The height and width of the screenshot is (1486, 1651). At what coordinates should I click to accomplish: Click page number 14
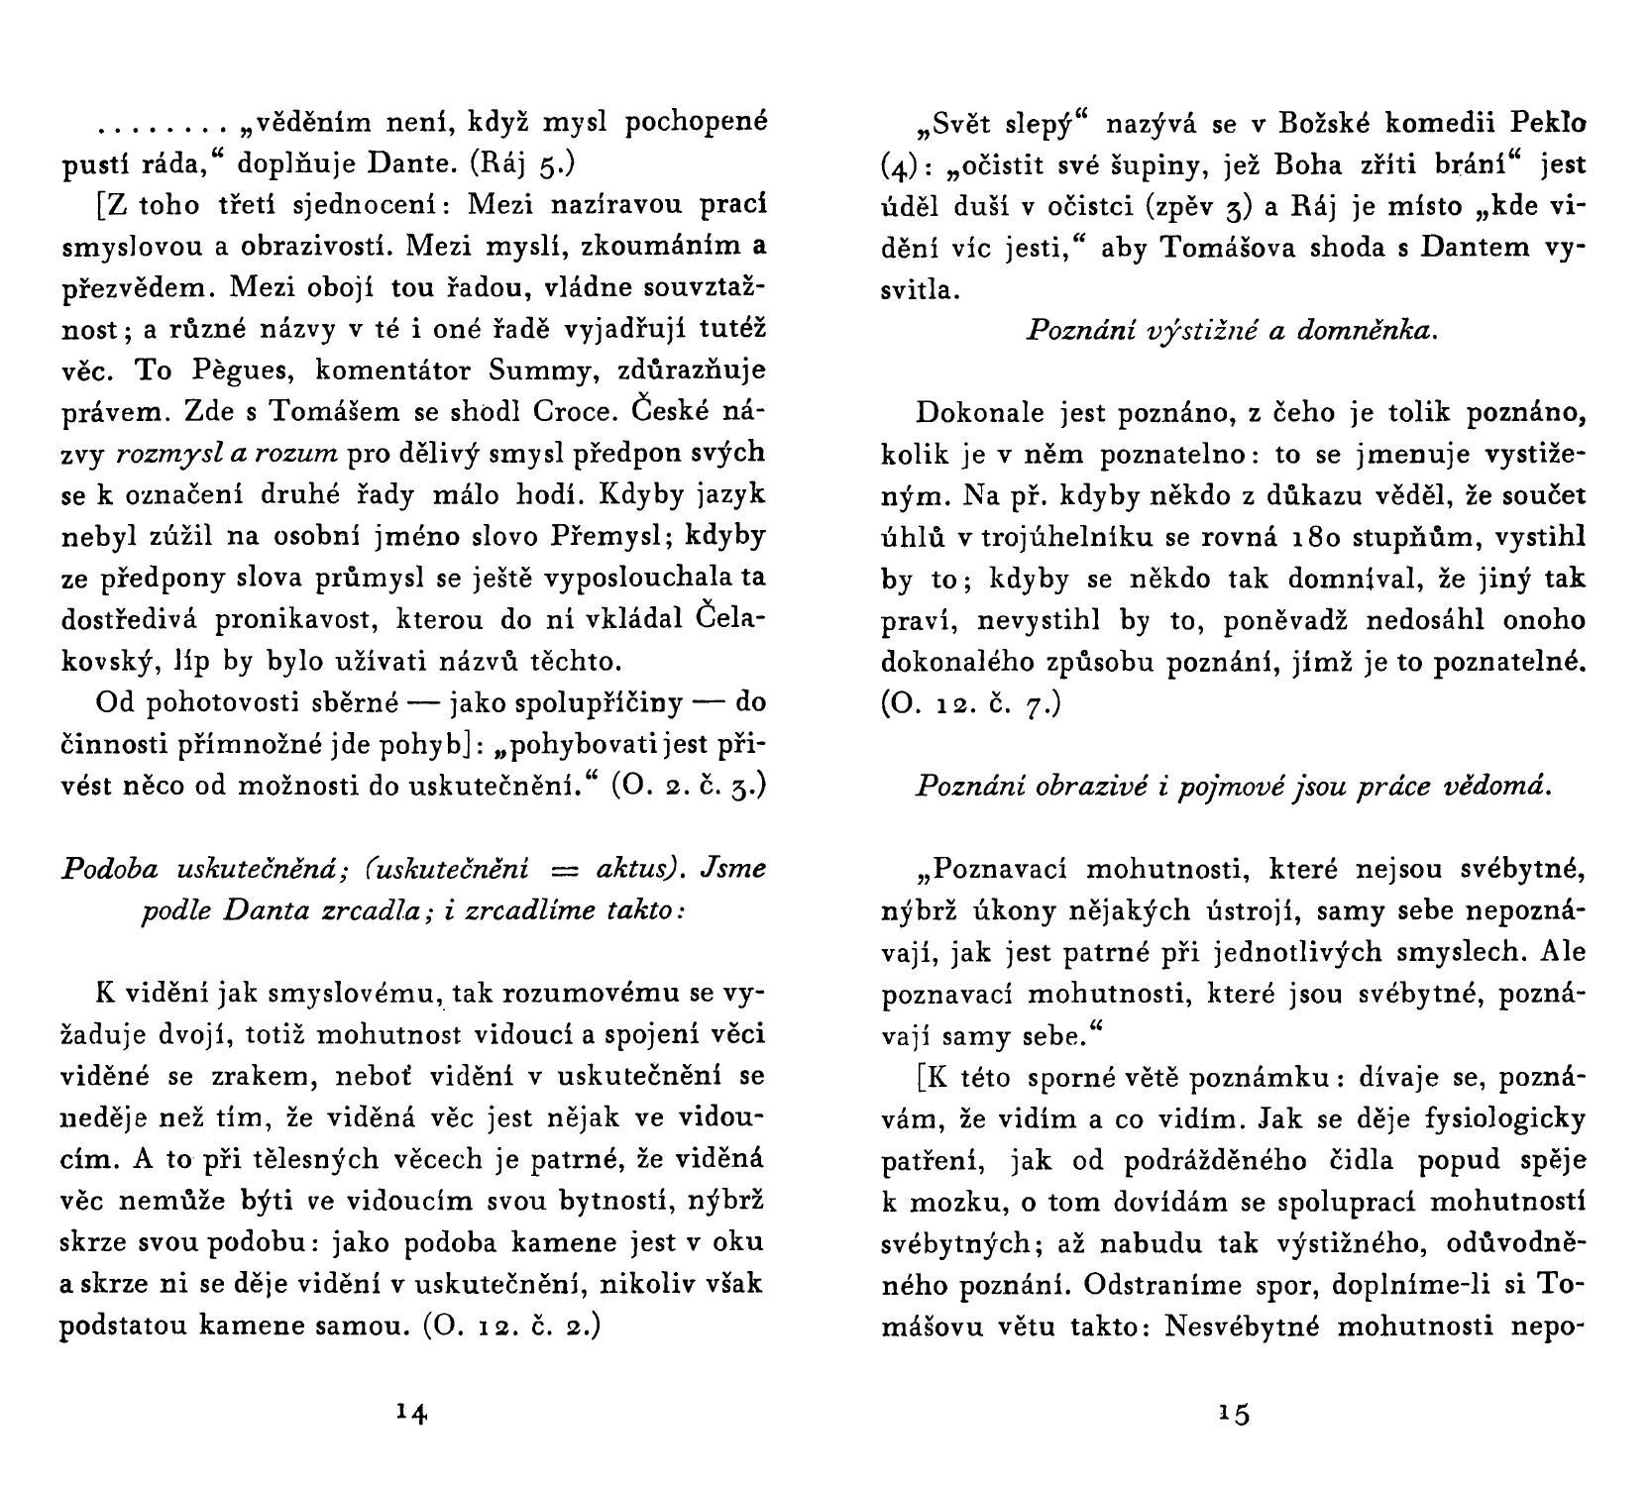tap(410, 1413)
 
